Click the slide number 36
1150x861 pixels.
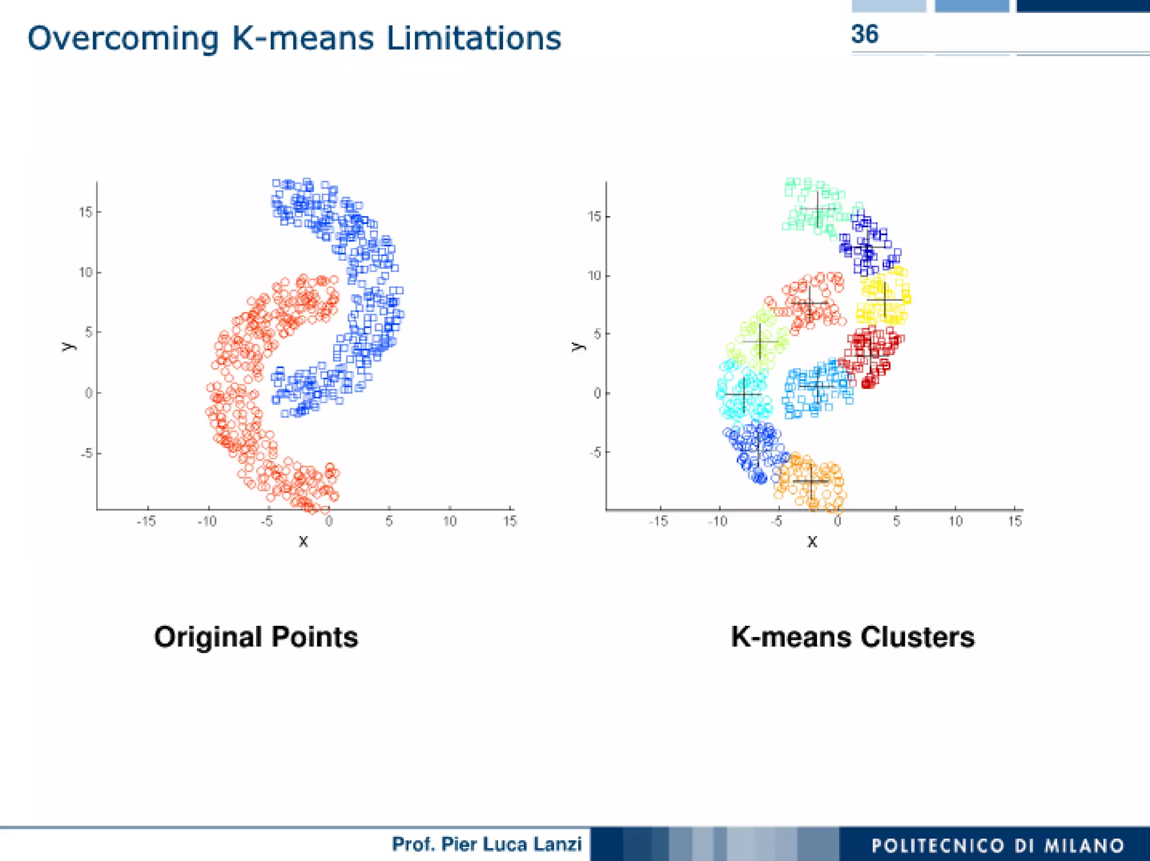(x=864, y=34)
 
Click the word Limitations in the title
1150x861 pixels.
(x=473, y=38)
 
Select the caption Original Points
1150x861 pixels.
(x=256, y=637)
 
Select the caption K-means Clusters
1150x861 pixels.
(x=852, y=637)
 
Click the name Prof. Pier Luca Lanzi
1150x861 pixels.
(x=486, y=844)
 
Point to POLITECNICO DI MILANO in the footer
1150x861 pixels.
(x=997, y=845)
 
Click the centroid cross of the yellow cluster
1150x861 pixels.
(x=884, y=300)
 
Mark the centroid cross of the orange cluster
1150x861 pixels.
(x=811, y=481)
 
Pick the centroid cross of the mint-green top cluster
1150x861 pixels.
(x=818, y=210)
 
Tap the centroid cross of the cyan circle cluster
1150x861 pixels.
(x=744, y=395)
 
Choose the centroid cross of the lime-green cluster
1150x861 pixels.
(x=760, y=341)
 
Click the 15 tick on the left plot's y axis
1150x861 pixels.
(x=85, y=212)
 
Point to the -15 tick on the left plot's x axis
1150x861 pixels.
(x=147, y=521)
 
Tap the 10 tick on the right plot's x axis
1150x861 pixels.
(x=955, y=521)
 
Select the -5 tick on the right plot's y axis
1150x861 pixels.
(x=595, y=452)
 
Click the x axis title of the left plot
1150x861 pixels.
(x=303, y=542)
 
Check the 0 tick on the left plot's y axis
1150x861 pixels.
(x=89, y=393)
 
